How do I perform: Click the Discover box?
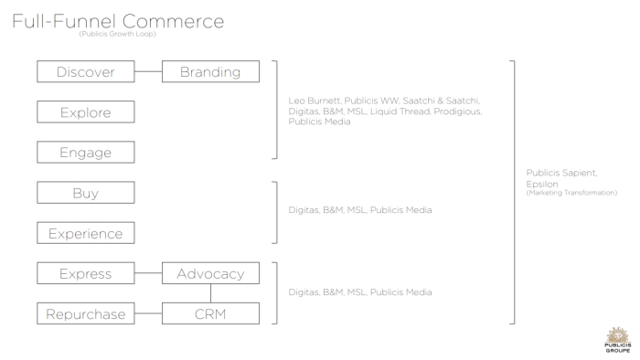point(86,72)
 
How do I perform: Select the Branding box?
point(210,72)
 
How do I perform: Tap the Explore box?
point(86,112)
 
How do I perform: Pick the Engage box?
point(86,153)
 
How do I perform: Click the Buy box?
point(86,193)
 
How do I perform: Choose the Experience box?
point(86,233)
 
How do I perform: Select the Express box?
point(86,273)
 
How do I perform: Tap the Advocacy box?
point(210,273)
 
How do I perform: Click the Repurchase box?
point(86,314)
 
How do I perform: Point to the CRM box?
point(210,314)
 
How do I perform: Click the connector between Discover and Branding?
point(148,72)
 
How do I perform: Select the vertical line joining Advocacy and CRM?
point(210,293)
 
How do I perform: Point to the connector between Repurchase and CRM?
point(148,313)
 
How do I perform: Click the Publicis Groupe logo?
point(617,340)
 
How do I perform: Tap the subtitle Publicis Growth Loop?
point(118,34)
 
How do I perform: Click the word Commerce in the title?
point(173,22)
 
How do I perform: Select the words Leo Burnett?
point(314,101)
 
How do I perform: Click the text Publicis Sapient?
point(561,173)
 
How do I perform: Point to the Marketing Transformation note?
point(571,193)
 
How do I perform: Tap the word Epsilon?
point(542,185)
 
